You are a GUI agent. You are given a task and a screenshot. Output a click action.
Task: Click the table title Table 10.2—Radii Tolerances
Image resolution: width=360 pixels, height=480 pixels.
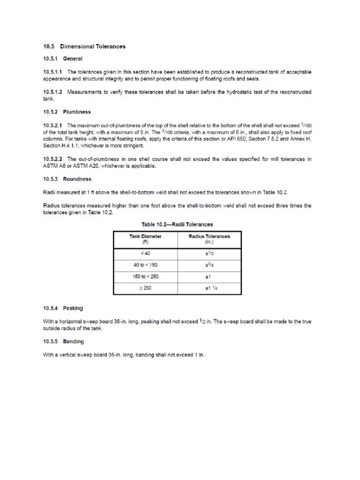[177, 225]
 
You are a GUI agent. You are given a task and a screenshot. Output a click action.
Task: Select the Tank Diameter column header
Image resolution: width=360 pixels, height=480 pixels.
[145, 239]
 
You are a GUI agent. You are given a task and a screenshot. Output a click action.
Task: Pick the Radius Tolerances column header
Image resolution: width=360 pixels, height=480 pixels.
[209, 239]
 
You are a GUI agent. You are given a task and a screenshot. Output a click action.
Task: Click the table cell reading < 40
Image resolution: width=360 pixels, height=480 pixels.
[145, 253]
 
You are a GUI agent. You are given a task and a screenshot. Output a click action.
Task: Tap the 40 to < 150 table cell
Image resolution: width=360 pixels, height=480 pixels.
[145, 265]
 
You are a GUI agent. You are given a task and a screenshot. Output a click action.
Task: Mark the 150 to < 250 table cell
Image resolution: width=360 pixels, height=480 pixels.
[145, 277]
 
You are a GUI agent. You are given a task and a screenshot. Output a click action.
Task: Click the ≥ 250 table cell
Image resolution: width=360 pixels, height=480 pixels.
[145, 288]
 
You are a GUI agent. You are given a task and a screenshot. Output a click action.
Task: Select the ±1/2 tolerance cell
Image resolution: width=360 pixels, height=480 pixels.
[209, 253]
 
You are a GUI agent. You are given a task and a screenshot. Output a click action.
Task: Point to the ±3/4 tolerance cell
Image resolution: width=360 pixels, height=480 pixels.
[209, 265]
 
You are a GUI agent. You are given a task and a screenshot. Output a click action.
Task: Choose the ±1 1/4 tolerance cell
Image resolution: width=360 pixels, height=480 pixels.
[209, 288]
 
